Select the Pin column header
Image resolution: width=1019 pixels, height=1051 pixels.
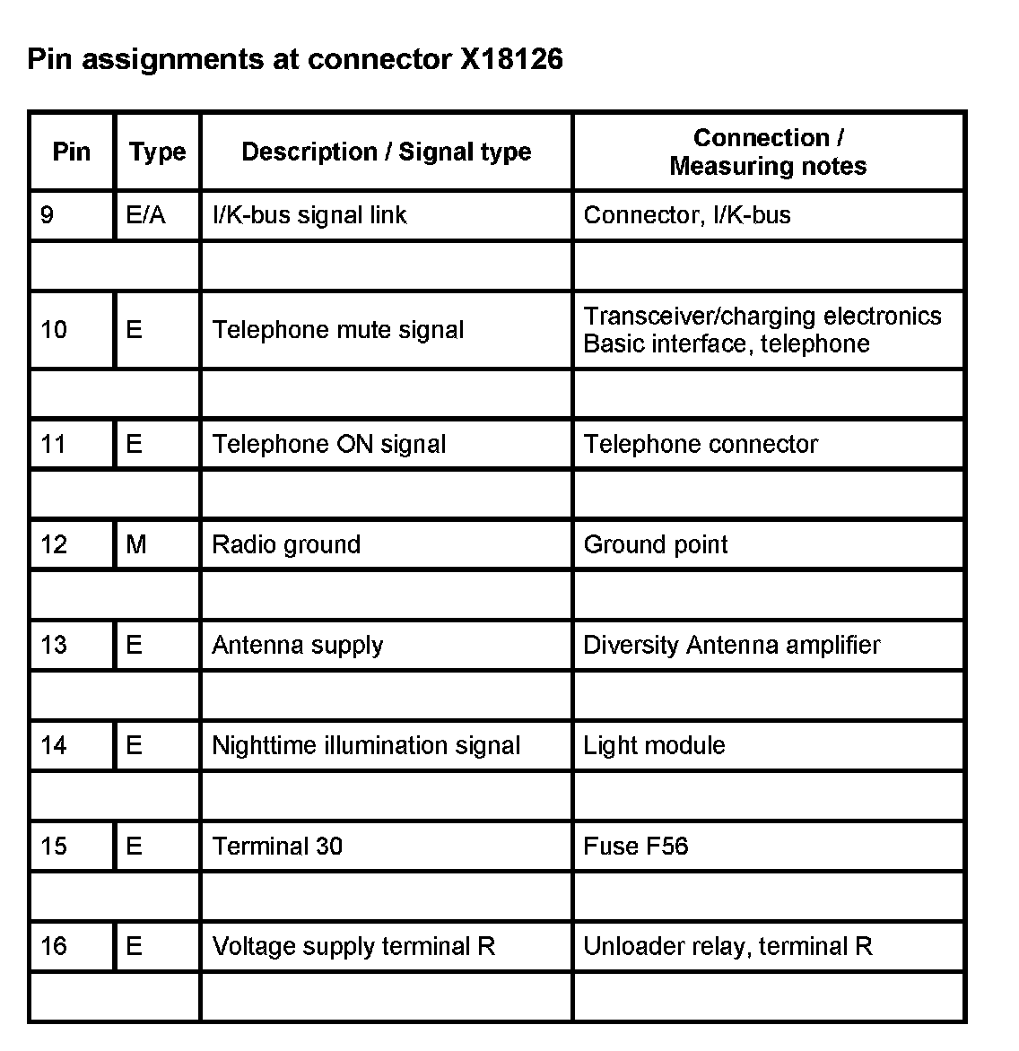[x=72, y=151]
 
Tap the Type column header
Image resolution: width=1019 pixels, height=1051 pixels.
[x=157, y=152]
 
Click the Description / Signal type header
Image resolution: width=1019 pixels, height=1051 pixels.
[x=386, y=152]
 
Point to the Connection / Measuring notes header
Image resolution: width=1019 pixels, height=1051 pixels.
[x=768, y=152]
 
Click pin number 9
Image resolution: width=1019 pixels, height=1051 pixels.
[x=48, y=215]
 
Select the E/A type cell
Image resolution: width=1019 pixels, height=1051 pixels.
[x=146, y=215]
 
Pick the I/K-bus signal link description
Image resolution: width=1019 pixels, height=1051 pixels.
[x=309, y=215]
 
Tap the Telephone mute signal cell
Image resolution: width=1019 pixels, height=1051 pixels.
[x=337, y=330]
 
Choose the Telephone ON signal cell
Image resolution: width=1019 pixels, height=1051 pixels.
[x=328, y=444]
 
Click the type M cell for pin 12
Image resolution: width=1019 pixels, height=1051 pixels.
[x=136, y=544]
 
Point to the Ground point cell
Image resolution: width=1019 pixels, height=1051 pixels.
[x=655, y=544]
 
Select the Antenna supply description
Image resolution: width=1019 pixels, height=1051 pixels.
[x=297, y=645]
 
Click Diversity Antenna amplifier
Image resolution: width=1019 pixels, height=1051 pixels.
[x=731, y=645]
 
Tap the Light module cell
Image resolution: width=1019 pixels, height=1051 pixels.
[x=654, y=745]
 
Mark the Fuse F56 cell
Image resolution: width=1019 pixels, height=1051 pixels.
[x=635, y=846]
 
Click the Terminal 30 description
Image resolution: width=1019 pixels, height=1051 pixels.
[x=276, y=846]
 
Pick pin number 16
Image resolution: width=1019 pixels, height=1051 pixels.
[x=54, y=946]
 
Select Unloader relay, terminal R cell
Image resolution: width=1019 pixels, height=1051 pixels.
[x=727, y=946]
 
